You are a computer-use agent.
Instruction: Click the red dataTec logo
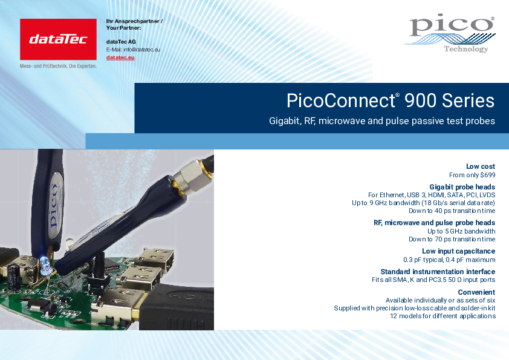tap(58, 39)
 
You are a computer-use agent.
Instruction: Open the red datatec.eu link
tap(120, 57)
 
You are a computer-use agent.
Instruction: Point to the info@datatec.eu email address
tap(142, 50)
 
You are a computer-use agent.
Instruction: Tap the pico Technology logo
tap(450, 33)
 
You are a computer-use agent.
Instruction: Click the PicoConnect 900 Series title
tap(390, 100)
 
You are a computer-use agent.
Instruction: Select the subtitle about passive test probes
tap(382, 121)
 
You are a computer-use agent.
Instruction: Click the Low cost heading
tap(481, 166)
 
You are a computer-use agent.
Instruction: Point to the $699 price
tap(488, 175)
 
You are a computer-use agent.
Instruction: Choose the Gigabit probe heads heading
tap(462, 187)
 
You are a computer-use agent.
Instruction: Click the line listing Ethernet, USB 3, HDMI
tap(432, 195)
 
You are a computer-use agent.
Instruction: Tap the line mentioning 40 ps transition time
tap(452, 211)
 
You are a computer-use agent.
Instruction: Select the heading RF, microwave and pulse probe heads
tap(434, 223)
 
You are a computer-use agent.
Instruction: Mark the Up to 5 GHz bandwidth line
tap(461, 231)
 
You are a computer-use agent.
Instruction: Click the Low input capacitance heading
tap(458, 251)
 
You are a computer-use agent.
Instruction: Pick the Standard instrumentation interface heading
tap(438, 272)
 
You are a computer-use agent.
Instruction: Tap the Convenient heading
tap(476, 292)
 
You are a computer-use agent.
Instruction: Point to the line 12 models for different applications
tap(443, 316)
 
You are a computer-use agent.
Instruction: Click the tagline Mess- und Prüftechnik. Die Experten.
tap(58, 66)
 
